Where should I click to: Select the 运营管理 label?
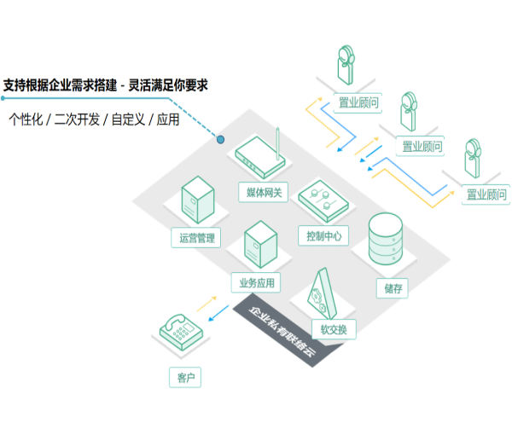point(197,237)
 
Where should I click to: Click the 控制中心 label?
point(323,235)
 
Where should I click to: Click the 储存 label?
point(393,287)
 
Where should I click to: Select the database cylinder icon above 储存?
point(385,241)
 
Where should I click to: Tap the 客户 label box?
point(185,377)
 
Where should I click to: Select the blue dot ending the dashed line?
point(220,139)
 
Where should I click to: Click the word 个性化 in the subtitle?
point(26,119)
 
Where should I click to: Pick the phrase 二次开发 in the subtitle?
point(78,119)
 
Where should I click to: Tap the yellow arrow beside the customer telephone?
point(207,304)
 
